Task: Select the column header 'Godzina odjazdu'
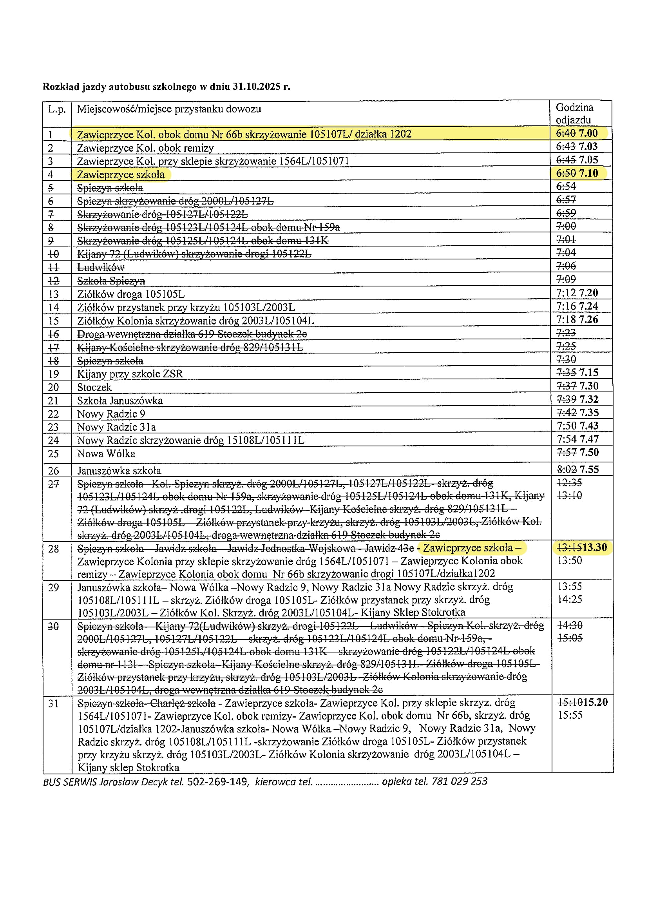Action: (x=574, y=113)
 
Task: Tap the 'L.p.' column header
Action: (x=57, y=109)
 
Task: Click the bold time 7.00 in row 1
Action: (x=588, y=133)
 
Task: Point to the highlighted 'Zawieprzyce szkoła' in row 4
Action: (x=121, y=174)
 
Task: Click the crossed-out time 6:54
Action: (x=566, y=187)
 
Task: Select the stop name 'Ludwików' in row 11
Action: (x=101, y=267)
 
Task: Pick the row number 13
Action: (x=53, y=294)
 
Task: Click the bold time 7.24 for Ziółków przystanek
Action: (x=588, y=306)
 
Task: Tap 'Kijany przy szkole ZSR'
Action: (x=130, y=374)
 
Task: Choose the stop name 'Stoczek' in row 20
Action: (x=94, y=388)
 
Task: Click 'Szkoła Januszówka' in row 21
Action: (x=120, y=401)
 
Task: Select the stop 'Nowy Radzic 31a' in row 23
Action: (x=116, y=428)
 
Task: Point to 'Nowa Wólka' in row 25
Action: (x=106, y=454)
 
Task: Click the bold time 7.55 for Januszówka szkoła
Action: (x=589, y=469)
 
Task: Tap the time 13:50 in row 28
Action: (x=570, y=560)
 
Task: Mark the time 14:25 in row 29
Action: (x=570, y=599)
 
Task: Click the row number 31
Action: (x=54, y=703)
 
